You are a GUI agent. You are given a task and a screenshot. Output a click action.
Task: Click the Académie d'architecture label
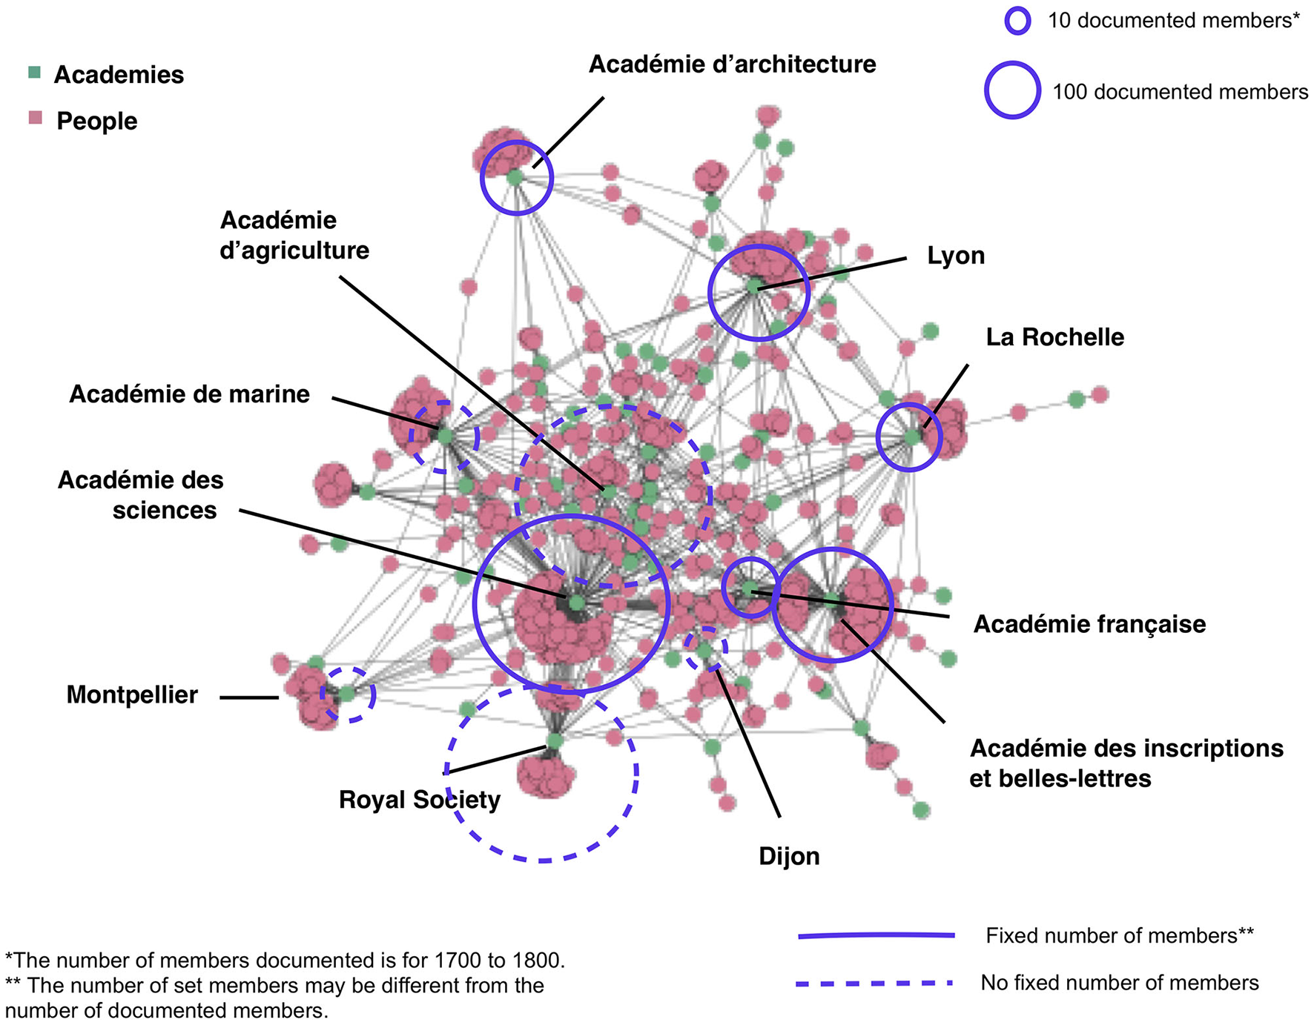coord(732,64)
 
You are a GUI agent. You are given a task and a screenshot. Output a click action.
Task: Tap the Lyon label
coord(956,256)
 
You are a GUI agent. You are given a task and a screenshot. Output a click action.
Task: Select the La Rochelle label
coord(1054,337)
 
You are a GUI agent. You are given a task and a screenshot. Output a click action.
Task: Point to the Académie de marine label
coord(189,394)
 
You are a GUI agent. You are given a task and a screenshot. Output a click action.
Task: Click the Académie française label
coord(1089,624)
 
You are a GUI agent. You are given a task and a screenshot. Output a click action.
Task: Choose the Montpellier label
coord(132,695)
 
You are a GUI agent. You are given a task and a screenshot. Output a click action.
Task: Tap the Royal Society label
coord(419,800)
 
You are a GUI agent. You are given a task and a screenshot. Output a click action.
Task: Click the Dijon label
coord(789,857)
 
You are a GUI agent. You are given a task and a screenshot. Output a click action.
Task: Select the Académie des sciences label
coord(141,495)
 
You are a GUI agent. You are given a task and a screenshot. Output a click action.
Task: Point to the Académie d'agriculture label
coord(294,236)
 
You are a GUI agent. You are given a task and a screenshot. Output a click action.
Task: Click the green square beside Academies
coord(34,73)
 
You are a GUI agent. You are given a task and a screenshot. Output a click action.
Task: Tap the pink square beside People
coord(35,117)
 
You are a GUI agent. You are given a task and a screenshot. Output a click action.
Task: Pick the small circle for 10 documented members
coord(1017,21)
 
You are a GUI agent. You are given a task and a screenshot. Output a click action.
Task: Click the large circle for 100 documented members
coord(1012,90)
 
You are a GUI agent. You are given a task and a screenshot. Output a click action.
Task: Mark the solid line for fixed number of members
coord(876,936)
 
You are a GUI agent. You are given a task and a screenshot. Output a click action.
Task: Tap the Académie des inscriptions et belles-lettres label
coord(1126,763)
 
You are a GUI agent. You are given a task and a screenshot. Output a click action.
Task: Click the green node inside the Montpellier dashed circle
coord(347,694)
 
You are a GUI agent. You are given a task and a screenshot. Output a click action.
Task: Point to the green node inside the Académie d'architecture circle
coord(515,177)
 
